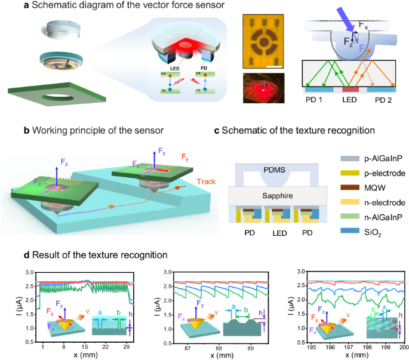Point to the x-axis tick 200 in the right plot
404,347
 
